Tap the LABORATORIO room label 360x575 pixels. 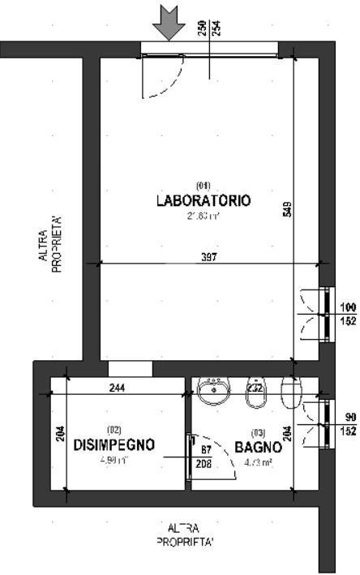pyautogui.click(x=203, y=200)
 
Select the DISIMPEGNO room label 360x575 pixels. pyautogui.click(x=114, y=445)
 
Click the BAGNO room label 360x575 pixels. pyautogui.click(x=258, y=447)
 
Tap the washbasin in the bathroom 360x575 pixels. pyautogui.click(x=214, y=391)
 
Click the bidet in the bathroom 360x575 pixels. pyautogui.click(x=254, y=392)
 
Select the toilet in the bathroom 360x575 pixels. pyautogui.click(x=291, y=391)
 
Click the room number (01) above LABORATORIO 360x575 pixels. pyautogui.click(x=203, y=185)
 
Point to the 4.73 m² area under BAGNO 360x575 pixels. pyautogui.click(x=258, y=462)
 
